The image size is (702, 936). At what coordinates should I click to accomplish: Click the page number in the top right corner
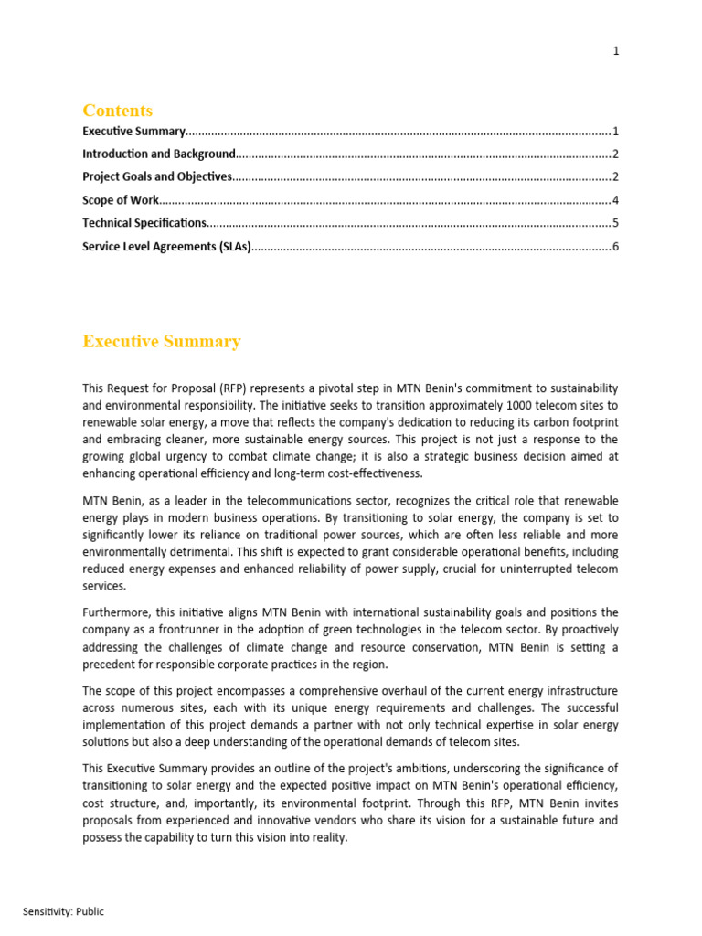(x=616, y=51)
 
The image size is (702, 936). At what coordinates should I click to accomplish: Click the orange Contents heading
(x=117, y=111)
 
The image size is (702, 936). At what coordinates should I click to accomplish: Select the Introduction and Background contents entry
(x=159, y=154)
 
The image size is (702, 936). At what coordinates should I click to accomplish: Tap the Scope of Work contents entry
(x=121, y=200)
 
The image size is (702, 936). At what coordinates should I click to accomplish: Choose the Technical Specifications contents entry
(x=144, y=223)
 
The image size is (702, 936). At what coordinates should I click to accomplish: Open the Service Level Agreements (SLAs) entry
(x=166, y=247)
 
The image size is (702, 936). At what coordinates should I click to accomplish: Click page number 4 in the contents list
(x=616, y=200)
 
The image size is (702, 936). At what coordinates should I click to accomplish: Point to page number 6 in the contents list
(x=616, y=247)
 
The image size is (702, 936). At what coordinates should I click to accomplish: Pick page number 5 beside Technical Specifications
(x=616, y=223)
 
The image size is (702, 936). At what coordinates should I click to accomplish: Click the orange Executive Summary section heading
(x=162, y=342)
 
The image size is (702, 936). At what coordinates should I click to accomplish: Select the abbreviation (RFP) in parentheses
(x=232, y=388)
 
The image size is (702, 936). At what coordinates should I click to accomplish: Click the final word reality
(x=328, y=837)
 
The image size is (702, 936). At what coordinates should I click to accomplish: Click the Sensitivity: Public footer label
(x=64, y=911)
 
